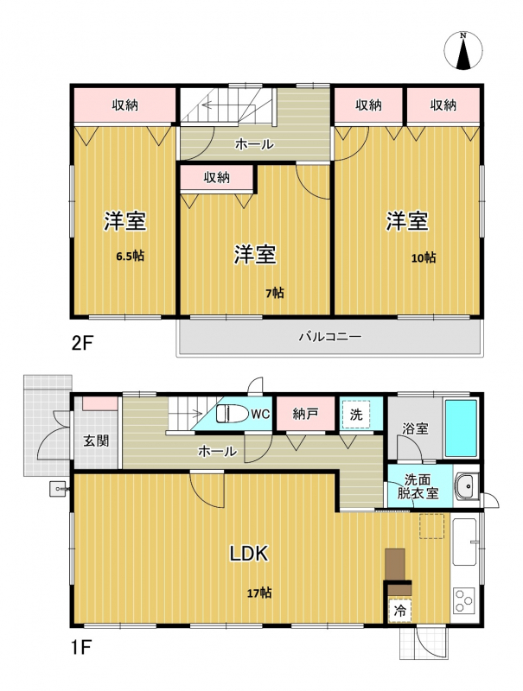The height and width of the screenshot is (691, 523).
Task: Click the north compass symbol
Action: pos(463,51)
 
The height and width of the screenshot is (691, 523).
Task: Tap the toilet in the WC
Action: pos(229,414)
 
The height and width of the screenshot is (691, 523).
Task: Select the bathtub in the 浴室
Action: pos(461,428)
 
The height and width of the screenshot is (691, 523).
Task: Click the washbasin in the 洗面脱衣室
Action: pos(467,486)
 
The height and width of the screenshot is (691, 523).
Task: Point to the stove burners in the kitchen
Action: pos(464,600)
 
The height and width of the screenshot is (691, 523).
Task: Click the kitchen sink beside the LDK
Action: pos(465,542)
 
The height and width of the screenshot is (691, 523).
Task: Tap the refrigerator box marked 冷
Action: pos(400,611)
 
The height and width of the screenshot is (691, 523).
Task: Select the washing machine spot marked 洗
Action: pos(356,415)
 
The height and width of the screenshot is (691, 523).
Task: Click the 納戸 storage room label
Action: pos(305,415)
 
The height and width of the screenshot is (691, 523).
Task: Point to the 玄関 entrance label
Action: pos(96,441)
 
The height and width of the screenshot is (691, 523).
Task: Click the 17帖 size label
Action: pos(259,593)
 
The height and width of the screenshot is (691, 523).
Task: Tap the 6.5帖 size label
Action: pos(130,256)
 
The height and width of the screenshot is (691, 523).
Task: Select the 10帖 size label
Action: pos(424,257)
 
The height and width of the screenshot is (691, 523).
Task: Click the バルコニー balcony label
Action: pos(330,337)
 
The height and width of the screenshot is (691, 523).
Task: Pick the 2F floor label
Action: pos(82,343)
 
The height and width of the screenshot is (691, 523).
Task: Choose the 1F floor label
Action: pos(80,648)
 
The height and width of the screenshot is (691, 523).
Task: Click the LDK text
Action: pos(249,554)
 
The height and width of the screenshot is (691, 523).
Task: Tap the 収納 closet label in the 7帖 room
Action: pos(216,177)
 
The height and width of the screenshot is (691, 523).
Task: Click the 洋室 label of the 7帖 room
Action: pos(255,255)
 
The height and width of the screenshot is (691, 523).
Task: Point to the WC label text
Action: pos(260,414)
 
